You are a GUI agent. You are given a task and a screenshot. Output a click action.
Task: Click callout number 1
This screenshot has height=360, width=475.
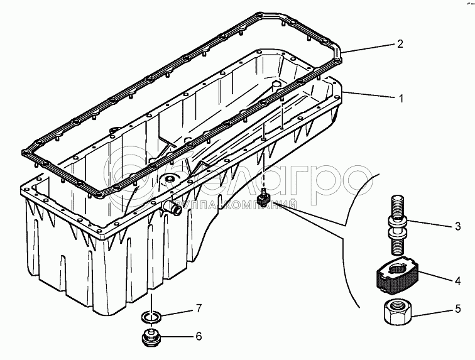pos(401,99)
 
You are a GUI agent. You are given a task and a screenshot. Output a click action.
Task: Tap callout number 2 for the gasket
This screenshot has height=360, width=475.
pos(400,44)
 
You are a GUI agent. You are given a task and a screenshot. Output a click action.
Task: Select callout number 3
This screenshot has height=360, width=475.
pos(458,226)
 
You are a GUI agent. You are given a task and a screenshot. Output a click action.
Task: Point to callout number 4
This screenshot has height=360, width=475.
pos(458,281)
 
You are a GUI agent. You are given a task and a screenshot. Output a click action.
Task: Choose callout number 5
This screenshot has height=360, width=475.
pos(458,308)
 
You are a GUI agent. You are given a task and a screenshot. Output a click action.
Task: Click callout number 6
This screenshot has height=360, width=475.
pos(199,336)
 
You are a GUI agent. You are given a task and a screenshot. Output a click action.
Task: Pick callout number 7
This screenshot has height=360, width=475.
pos(199,308)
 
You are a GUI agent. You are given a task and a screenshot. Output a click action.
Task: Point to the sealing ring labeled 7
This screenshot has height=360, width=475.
pos(151,317)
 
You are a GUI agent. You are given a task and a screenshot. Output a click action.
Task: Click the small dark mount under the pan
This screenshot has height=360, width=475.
pos(264,199)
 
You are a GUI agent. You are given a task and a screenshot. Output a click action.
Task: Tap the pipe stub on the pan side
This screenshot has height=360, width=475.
pos(172,207)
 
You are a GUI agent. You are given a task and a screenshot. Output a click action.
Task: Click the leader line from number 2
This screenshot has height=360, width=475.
pos(368,48)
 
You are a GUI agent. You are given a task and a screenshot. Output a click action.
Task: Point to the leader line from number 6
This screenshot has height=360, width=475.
pos(177,337)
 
